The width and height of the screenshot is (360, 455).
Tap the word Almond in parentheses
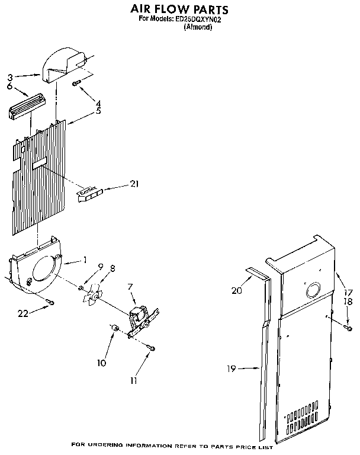pyautogui.click(x=198, y=27)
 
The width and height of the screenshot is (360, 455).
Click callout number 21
pyautogui.click(x=134, y=184)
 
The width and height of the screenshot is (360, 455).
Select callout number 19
pyautogui.click(x=231, y=369)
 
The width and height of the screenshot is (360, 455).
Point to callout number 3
pyautogui.click(x=10, y=76)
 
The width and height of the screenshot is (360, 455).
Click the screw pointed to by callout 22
pyautogui.click(x=51, y=303)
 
